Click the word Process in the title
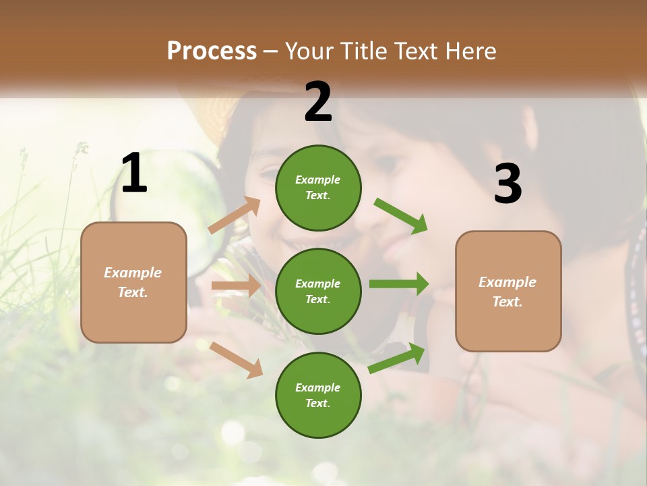(x=212, y=51)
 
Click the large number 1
(x=134, y=173)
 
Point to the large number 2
(x=318, y=102)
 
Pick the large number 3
(x=507, y=184)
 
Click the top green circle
(x=318, y=188)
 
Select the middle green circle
(x=318, y=291)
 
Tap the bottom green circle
(x=318, y=395)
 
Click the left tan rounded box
(x=133, y=282)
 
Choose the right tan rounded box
(x=508, y=291)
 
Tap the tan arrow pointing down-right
(x=237, y=360)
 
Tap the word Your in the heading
(x=309, y=51)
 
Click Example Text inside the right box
(x=507, y=292)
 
